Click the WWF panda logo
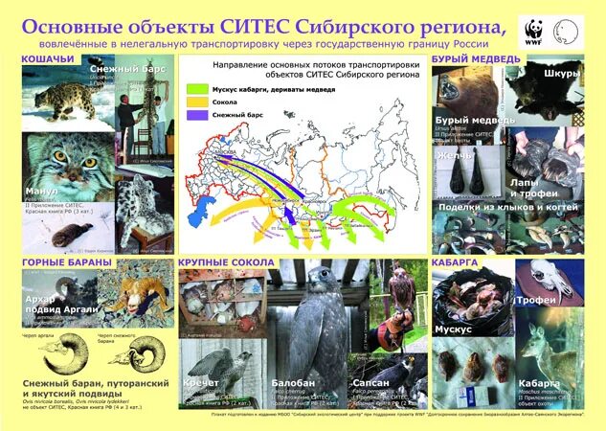[531, 31]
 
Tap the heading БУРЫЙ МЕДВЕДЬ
[476, 60]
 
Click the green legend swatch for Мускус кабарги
[194, 87]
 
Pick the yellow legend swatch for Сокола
[194, 101]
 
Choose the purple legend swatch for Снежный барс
[194, 114]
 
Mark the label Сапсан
[369, 381]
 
